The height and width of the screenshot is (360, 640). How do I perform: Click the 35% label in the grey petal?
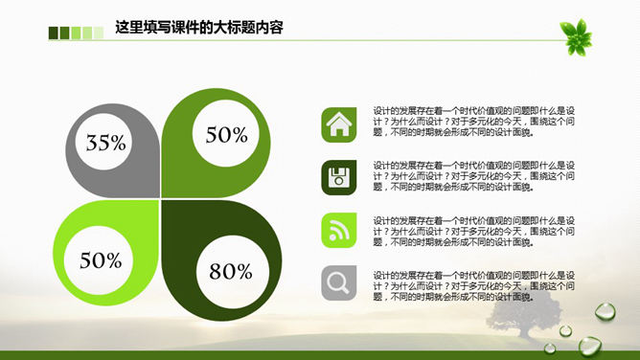coord(106,144)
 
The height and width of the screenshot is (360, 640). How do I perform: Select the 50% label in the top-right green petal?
coord(227,135)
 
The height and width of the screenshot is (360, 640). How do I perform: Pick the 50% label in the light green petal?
coord(102,259)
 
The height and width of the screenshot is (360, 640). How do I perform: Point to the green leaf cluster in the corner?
coord(578,35)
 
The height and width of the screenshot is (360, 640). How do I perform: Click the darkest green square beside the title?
coord(54,34)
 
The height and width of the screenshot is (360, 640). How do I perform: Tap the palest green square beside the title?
coord(98,34)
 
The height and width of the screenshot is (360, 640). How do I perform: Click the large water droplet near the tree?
coord(606,311)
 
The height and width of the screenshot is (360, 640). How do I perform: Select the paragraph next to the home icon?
coord(473,122)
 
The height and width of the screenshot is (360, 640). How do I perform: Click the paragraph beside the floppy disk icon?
coord(473,175)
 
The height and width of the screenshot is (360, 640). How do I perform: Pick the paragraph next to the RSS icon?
coord(473,229)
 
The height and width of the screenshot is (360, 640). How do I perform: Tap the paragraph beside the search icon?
coord(473,282)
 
